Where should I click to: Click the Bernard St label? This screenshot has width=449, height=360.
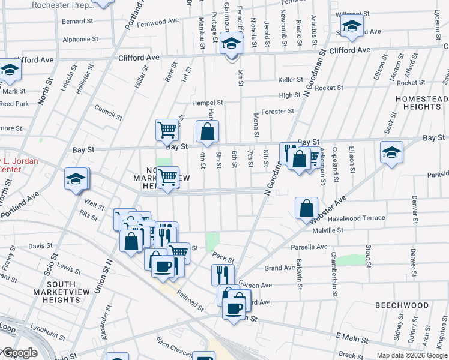[77, 21]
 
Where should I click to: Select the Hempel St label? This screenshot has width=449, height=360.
[208, 103]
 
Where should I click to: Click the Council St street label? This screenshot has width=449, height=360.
[108, 112]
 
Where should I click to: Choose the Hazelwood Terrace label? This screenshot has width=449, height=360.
[357, 218]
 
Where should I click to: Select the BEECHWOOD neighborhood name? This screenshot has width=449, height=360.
[402, 305]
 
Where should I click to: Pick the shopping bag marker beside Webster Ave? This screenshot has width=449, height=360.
[306, 208]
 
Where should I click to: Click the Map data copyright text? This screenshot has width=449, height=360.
[412, 355]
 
